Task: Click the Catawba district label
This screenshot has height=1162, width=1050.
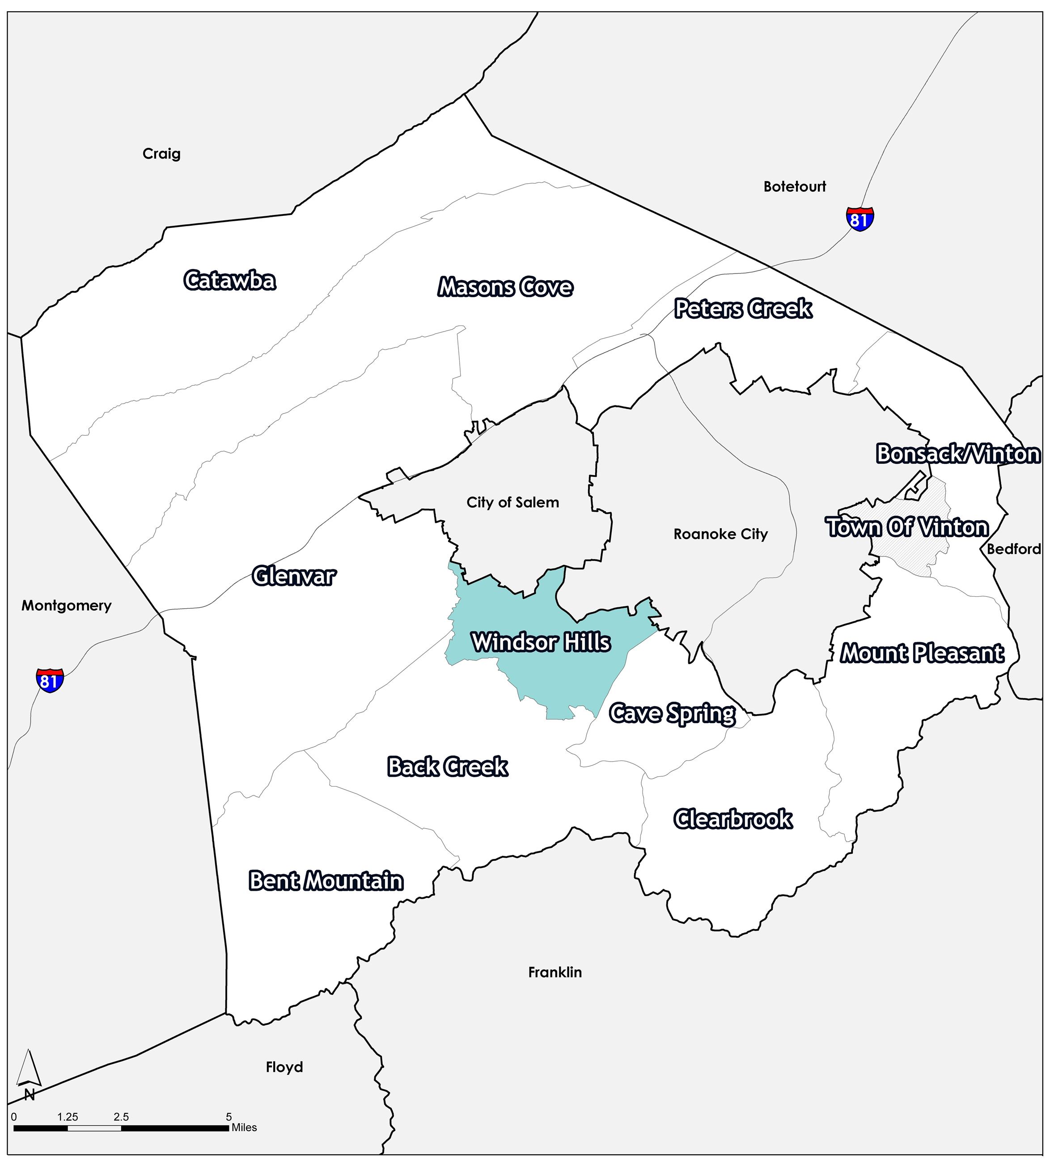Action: click(x=229, y=281)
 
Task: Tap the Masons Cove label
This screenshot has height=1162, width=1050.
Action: click(x=505, y=287)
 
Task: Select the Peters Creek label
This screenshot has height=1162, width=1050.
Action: click(x=743, y=309)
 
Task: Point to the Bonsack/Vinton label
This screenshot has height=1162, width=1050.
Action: click(x=958, y=454)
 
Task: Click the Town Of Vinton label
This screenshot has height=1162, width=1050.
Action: click(x=908, y=527)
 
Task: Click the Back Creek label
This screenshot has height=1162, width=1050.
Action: click(x=448, y=766)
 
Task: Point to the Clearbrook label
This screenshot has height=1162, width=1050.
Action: click(x=733, y=819)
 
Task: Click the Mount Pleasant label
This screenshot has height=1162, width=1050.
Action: click(x=922, y=653)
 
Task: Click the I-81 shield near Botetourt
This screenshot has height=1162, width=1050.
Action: click(x=859, y=219)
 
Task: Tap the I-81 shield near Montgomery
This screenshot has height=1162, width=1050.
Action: click(x=50, y=681)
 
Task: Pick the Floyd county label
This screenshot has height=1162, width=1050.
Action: click(x=284, y=1067)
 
